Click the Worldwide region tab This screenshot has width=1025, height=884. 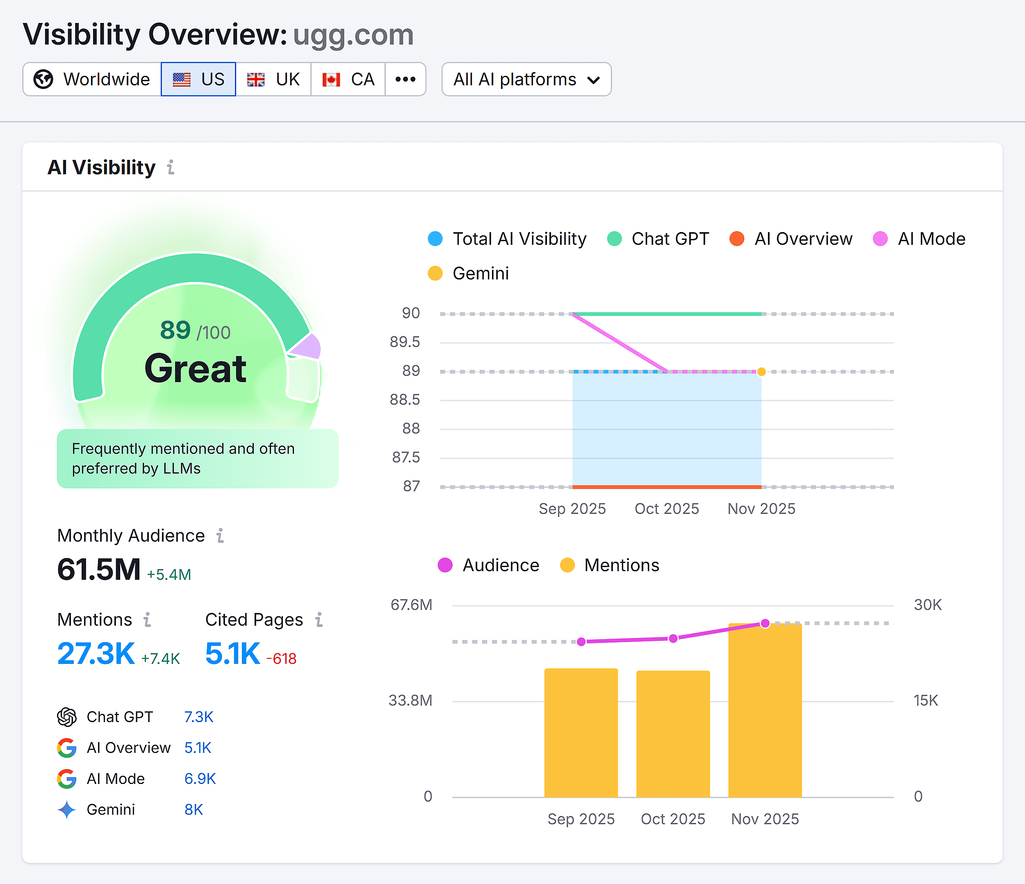[92, 79]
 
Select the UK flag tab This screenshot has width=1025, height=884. [273, 79]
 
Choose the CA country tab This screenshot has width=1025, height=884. [348, 79]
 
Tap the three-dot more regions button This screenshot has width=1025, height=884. [405, 79]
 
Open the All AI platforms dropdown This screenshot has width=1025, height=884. [526, 79]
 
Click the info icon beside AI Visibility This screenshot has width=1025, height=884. [171, 167]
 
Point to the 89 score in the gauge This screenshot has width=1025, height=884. [175, 330]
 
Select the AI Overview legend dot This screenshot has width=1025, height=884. [737, 239]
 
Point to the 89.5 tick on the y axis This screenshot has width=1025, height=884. [405, 342]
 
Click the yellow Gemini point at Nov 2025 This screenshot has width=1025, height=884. [761, 371]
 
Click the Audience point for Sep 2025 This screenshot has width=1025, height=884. [581, 642]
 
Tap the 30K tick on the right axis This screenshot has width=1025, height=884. [927, 604]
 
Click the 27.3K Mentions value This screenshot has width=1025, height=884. [96, 654]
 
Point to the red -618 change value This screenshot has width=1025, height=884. [281, 658]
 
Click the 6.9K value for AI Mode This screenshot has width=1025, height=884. [200, 779]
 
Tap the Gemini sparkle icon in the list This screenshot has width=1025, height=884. [67, 809]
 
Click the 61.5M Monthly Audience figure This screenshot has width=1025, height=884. [99, 570]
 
